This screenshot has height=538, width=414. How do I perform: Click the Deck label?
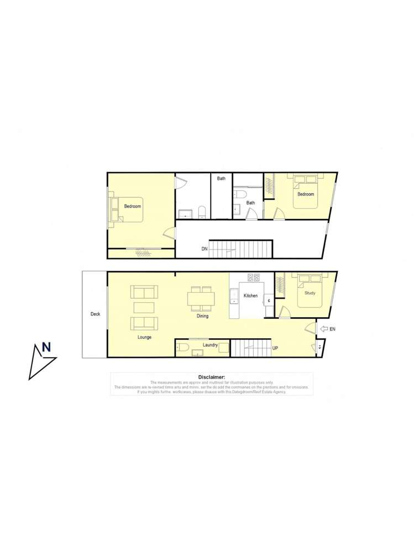pyautogui.click(x=95, y=314)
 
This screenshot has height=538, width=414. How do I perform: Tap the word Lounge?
pyautogui.click(x=145, y=337)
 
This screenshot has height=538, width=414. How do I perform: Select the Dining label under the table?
pyautogui.click(x=202, y=317)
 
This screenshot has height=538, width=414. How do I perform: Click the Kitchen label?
pyautogui.click(x=250, y=296)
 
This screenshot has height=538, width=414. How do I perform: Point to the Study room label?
pyautogui.click(x=310, y=293)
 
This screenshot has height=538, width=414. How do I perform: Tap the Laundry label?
pyautogui.click(x=210, y=345)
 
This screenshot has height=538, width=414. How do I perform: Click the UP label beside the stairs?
pyautogui.click(x=276, y=348)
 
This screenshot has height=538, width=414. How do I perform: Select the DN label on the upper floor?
pyautogui.click(x=205, y=250)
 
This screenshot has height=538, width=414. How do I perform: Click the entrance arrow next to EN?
pyautogui.click(x=324, y=329)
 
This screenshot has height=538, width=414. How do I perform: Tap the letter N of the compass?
pyautogui.click(x=46, y=348)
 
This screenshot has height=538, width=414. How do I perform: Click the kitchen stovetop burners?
pyautogui.click(x=254, y=278)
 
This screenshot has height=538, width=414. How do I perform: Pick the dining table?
pyautogui.click(x=200, y=299)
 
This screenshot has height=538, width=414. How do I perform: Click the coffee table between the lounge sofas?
pyautogui.click(x=144, y=308)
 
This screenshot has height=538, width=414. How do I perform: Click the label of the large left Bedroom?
pyautogui.click(x=132, y=206)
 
